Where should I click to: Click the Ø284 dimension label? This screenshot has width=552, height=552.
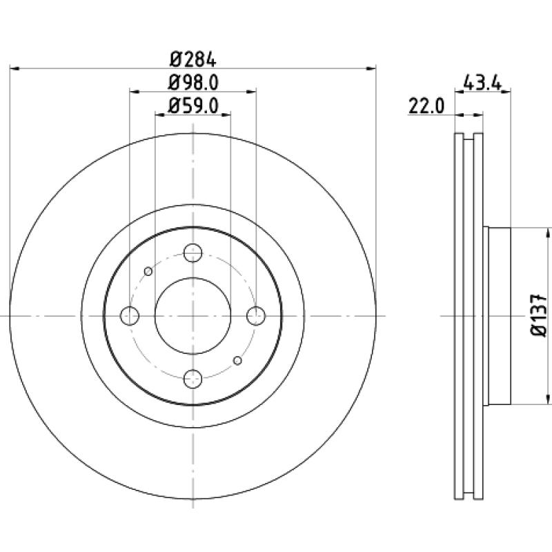coord(193,59)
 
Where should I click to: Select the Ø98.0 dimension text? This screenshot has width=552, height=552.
coord(193,83)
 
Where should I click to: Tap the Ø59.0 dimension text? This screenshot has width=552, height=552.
coord(193,106)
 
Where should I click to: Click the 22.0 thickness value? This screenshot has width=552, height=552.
coord(426,106)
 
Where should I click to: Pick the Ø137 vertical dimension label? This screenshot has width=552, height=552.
coord(539,315)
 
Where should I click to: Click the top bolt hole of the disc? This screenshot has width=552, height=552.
coord(193,253)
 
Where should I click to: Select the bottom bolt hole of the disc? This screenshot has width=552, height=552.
coord(193,379)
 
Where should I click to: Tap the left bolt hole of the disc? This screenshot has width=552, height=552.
coord(130,316)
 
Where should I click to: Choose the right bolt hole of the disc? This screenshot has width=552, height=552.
coord(256,316)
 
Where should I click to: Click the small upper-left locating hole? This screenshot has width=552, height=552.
coord(148,271)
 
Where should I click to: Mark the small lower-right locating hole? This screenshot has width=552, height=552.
coord(237,360)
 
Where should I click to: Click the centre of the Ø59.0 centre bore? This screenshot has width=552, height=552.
coord(193,316)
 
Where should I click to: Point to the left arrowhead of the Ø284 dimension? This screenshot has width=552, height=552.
coord(14,68)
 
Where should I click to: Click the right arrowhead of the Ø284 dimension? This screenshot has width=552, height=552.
coord(372,68)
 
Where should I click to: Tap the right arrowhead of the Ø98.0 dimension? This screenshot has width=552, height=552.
coord(251,92)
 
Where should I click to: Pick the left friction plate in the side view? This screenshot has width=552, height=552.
coord(459,316)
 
